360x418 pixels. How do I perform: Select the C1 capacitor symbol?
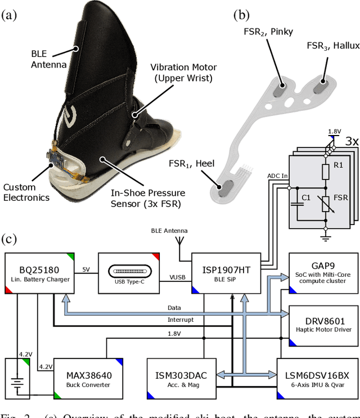click(295, 203)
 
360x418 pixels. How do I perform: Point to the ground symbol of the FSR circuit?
click(325, 237)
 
